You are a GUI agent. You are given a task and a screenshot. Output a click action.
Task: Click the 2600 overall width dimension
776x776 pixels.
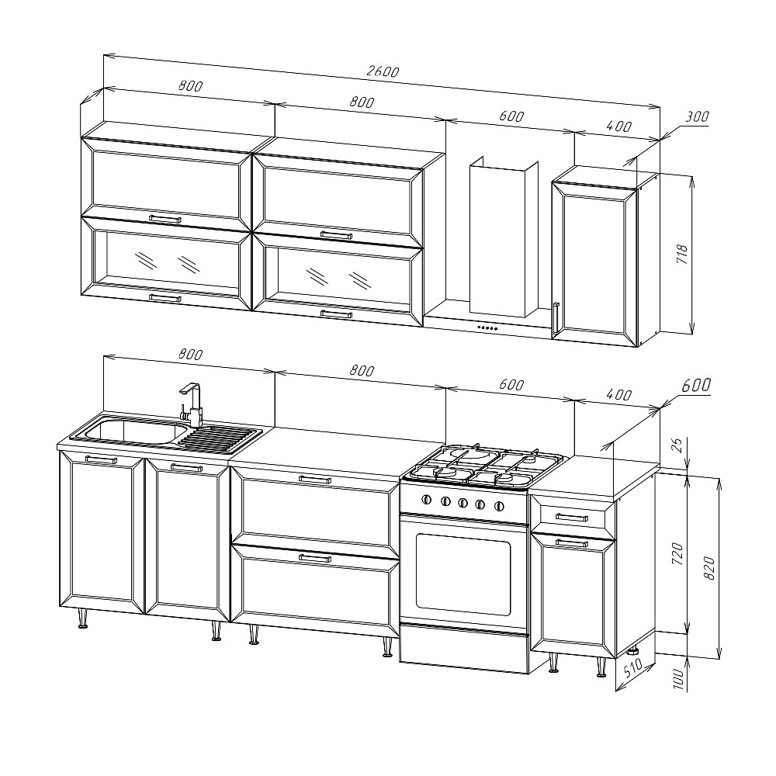pos(383,71)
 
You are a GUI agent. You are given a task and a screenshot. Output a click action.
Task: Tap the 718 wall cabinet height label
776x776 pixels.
pos(682,254)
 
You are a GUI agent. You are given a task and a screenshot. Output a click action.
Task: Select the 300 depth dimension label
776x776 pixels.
pos(697,117)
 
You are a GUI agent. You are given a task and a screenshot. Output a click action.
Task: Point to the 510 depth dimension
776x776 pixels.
pos(633,668)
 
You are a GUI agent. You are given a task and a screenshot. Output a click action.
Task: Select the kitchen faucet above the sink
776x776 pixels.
pos(192,404)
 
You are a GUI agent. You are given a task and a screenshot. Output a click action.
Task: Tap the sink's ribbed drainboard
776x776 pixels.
pos(220,438)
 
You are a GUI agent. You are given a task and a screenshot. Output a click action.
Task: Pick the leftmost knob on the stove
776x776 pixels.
pos(426,499)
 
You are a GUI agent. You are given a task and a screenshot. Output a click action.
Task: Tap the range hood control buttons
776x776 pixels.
pos(487,327)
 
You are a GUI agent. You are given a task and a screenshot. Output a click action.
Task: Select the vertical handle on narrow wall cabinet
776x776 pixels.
pos(556,317)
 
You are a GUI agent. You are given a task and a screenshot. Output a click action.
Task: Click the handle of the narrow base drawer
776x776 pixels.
pos(572,518)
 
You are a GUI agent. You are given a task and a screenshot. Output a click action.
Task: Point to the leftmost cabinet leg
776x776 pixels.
pos(83,618)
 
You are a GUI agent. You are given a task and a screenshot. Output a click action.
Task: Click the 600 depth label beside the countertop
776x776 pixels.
pos(696,385)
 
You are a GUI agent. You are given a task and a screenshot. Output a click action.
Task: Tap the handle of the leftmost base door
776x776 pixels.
pos(101,459)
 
